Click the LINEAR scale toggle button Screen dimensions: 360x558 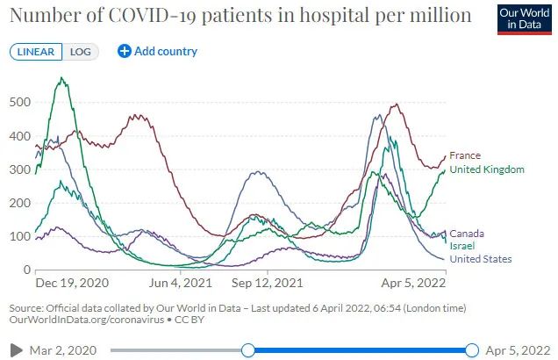tap(36, 51)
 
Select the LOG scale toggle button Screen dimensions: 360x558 tap(81, 51)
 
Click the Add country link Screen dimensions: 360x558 tap(158, 51)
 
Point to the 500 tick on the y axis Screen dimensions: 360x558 tap(19, 103)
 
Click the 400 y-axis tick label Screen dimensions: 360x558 tap(19, 136)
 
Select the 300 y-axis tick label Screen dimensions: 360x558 tap(19, 169)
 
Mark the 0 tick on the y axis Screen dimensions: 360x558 tap(27, 270)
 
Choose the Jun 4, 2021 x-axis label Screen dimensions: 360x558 tap(182, 284)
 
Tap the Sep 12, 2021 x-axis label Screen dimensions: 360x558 tap(267, 284)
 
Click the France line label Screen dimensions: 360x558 tap(464, 156)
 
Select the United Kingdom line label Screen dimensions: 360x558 tap(486, 169)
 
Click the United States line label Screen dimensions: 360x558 tap(480, 259)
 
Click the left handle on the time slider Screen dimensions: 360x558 tap(248, 350)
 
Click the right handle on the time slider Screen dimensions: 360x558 tap(473, 350)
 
